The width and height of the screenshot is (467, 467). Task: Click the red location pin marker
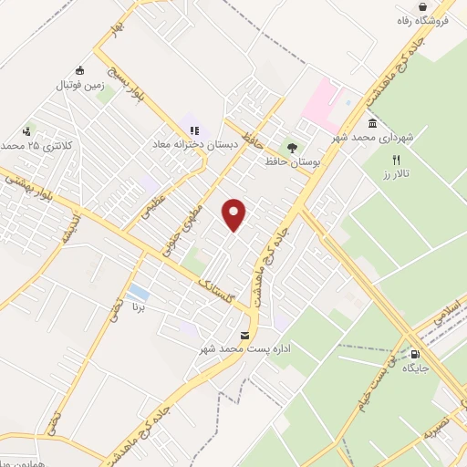(x=235, y=213)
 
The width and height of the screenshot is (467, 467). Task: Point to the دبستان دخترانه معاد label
(x=195, y=144)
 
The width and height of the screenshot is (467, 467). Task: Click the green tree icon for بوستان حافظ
(x=292, y=146)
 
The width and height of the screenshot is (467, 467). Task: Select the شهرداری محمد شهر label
(x=374, y=138)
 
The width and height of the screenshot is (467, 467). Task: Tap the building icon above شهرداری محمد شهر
(x=372, y=124)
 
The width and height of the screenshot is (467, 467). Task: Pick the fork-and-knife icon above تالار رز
(x=396, y=160)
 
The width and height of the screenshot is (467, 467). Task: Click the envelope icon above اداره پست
(x=244, y=336)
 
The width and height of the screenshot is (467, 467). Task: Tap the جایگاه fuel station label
(x=415, y=368)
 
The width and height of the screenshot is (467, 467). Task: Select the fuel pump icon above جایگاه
(x=416, y=354)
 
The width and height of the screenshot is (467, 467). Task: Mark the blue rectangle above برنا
(x=139, y=293)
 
